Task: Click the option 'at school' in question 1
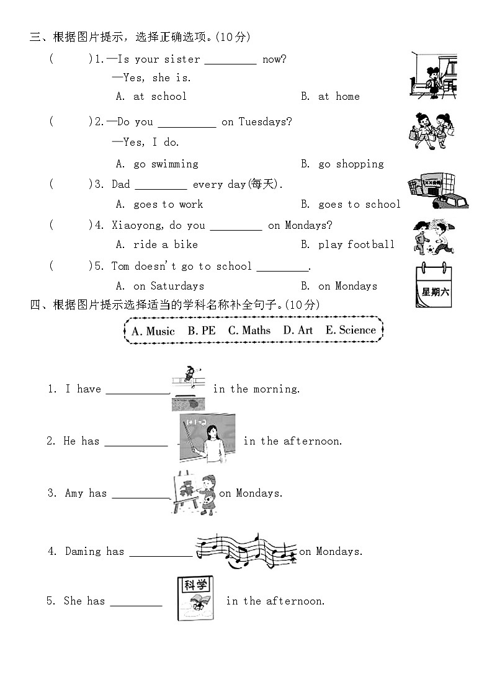pyautogui.click(x=159, y=96)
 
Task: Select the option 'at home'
pyautogui.click(x=339, y=96)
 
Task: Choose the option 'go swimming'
pyautogui.click(x=166, y=164)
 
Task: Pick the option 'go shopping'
pyautogui.click(x=351, y=164)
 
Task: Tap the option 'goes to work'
pyautogui.click(x=168, y=204)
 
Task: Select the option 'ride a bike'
pyautogui.click(x=165, y=244)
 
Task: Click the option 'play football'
pyautogui.click(x=356, y=244)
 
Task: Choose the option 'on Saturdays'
pyautogui.click(x=168, y=286)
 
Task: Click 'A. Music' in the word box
pyautogui.click(x=153, y=331)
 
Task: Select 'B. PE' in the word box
pyautogui.click(x=202, y=330)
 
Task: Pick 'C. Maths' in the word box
pyautogui.click(x=249, y=330)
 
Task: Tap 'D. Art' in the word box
pyautogui.click(x=298, y=330)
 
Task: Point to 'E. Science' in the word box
pyautogui.click(x=351, y=330)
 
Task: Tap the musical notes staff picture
pyautogui.click(x=246, y=550)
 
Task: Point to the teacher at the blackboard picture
pyautogui.click(x=208, y=439)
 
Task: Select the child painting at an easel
pyautogui.click(x=194, y=494)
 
